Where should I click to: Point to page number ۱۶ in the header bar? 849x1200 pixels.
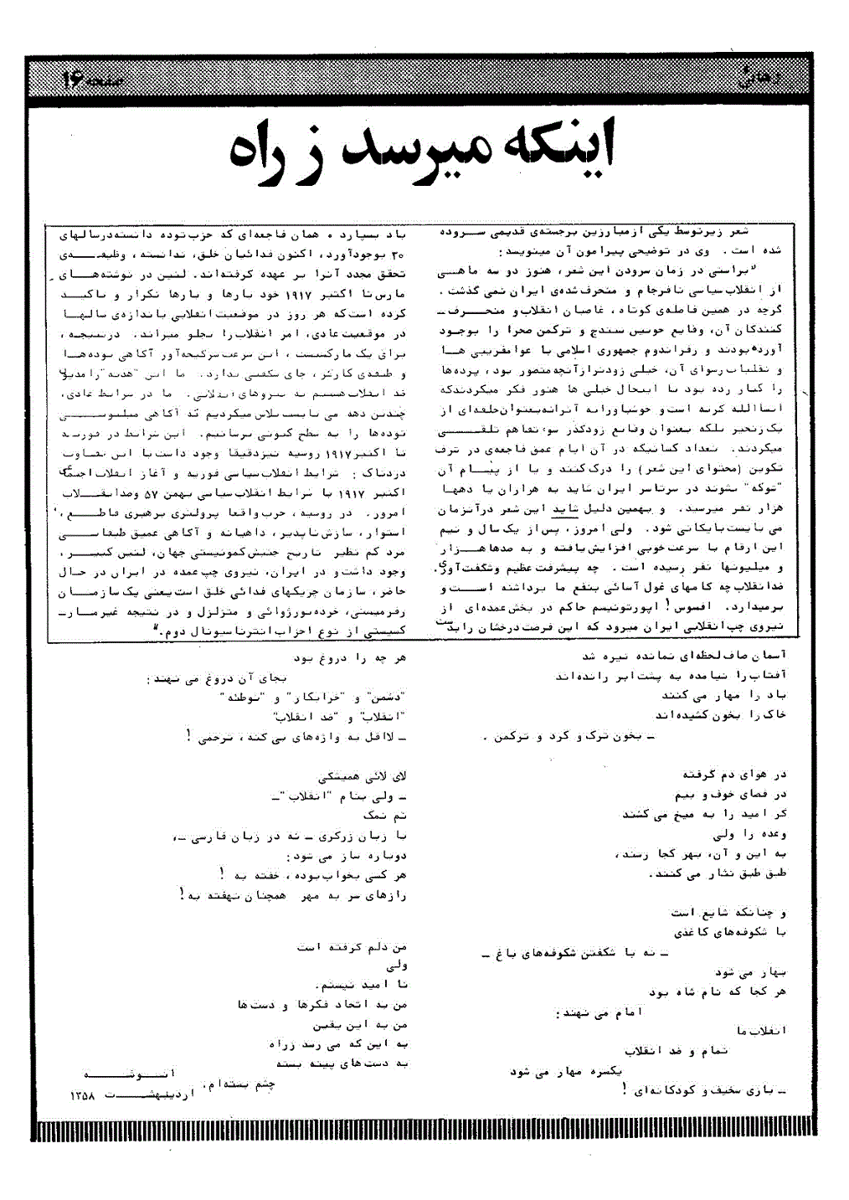pyautogui.click(x=72, y=80)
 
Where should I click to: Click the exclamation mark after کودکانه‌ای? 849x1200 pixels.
pyautogui.click(x=625, y=1090)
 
